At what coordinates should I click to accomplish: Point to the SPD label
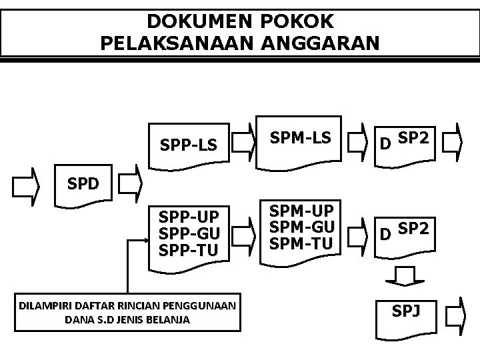(x=83, y=184)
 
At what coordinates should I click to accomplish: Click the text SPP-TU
(x=189, y=250)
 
